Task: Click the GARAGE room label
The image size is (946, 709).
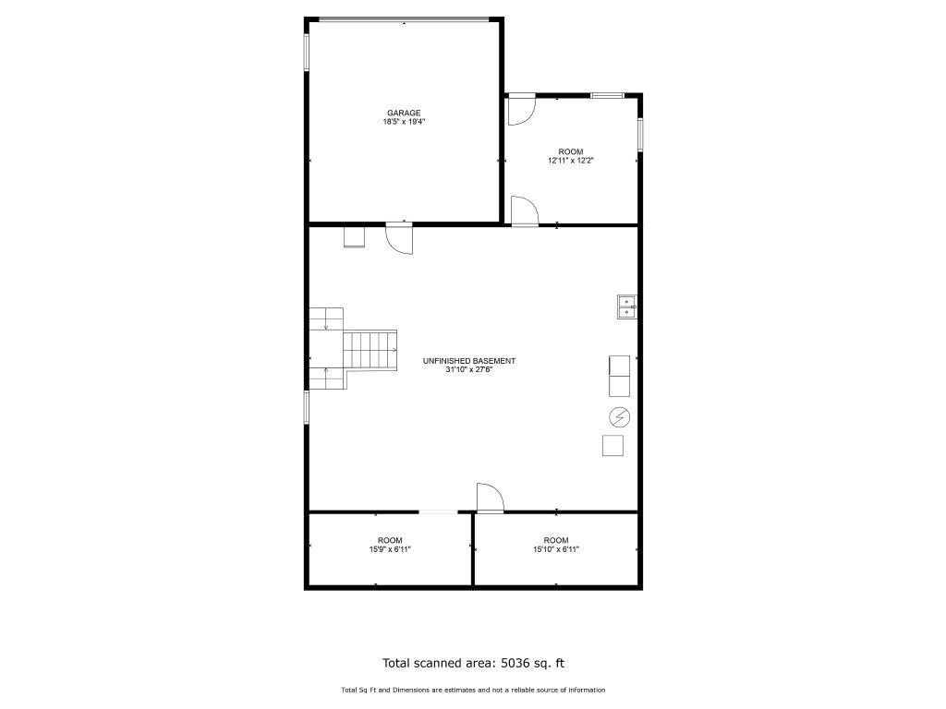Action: tap(404, 113)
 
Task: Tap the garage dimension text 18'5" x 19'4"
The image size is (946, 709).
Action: tap(404, 122)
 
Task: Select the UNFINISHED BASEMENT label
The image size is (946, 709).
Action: tap(468, 361)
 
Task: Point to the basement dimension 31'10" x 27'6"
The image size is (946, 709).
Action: tap(468, 370)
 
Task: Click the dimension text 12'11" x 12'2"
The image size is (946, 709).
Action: tap(571, 161)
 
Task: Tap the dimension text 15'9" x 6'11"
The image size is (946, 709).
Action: tap(390, 549)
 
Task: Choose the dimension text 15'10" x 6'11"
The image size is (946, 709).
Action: tap(555, 549)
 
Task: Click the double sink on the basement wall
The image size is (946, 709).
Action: tap(627, 306)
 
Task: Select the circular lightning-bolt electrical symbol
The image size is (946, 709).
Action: tap(620, 416)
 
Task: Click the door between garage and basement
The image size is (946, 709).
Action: tap(399, 238)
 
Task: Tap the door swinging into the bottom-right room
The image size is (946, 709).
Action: tap(490, 498)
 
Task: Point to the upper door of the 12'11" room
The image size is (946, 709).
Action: tap(521, 109)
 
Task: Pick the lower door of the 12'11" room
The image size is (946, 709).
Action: tap(525, 211)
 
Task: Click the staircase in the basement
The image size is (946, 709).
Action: tap(353, 349)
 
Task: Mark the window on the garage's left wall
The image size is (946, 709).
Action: tap(307, 53)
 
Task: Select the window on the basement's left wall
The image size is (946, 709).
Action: tap(307, 407)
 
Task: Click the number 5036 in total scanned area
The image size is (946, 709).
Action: tap(514, 663)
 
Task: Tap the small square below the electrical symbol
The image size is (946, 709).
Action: tap(613, 446)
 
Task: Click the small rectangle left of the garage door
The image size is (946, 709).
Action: tap(354, 237)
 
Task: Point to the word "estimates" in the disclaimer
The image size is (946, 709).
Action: tap(459, 690)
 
